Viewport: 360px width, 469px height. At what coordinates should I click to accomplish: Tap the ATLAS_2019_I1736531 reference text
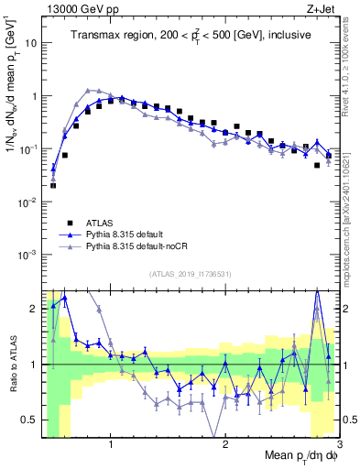coord(189,274)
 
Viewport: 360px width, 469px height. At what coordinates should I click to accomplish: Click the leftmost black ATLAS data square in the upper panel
coord(53,185)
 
